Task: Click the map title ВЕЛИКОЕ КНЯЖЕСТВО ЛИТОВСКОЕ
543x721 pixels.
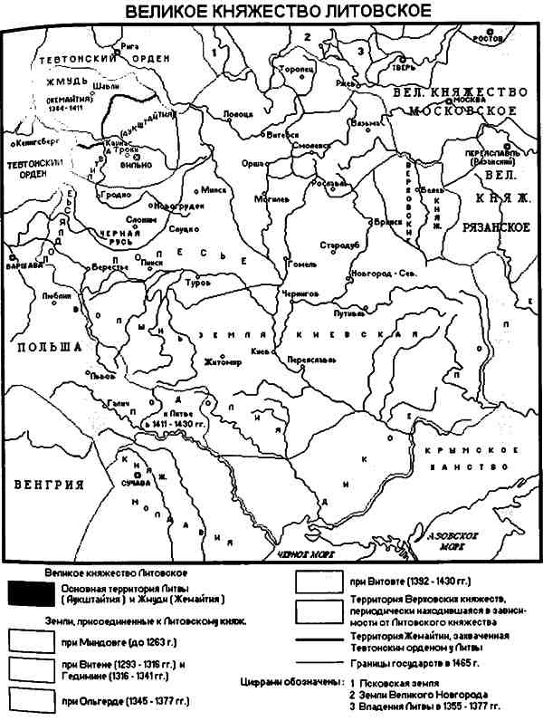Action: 271,11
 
